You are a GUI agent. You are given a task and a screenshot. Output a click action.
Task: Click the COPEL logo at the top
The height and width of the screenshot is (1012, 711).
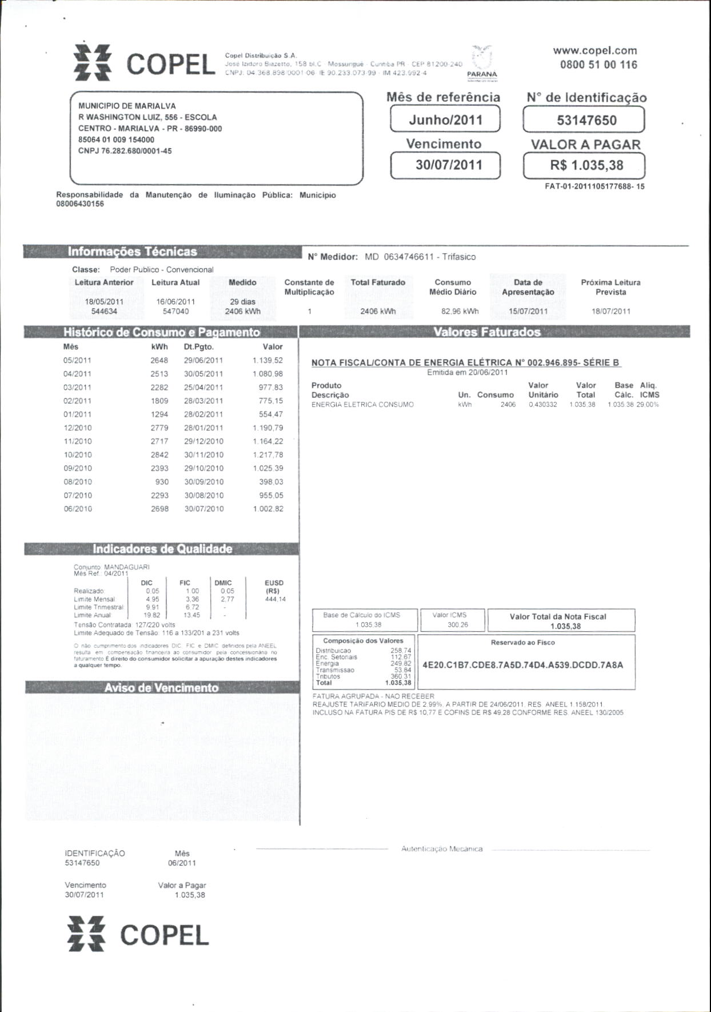pyautogui.click(x=145, y=63)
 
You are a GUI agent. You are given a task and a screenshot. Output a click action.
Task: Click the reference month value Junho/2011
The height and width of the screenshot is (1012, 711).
pyautogui.click(x=445, y=120)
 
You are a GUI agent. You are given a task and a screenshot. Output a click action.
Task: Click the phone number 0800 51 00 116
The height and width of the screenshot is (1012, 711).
pyautogui.click(x=598, y=65)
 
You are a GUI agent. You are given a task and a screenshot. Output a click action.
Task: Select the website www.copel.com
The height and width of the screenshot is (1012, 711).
pyautogui.click(x=594, y=50)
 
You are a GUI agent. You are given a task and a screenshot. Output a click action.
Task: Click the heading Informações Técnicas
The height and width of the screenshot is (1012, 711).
pyautogui.click(x=132, y=252)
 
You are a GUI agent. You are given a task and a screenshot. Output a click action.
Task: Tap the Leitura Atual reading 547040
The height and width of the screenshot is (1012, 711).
pyautogui.click(x=175, y=312)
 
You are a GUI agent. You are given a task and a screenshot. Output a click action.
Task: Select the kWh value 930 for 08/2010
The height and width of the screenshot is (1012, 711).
pyautogui.click(x=162, y=482)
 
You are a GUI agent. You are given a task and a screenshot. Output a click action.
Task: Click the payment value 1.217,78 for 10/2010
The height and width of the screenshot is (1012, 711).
pyautogui.click(x=268, y=455)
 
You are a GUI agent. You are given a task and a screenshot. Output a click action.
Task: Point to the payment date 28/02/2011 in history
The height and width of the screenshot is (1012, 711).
pyautogui.click(x=203, y=415)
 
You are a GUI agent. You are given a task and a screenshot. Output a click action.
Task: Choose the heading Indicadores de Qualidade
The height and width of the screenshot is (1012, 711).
pyautogui.click(x=162, y=549)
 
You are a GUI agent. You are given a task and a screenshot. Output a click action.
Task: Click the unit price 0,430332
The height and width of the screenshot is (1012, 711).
pyautogui.click(x=543, y=405)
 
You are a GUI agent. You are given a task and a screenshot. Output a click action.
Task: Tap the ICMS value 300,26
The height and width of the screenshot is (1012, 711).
pyautogui.click(x=458, y=625)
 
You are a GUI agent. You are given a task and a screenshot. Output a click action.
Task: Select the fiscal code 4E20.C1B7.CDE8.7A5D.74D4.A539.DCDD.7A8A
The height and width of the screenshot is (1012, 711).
pyautogui.click(x=522, y=665)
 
